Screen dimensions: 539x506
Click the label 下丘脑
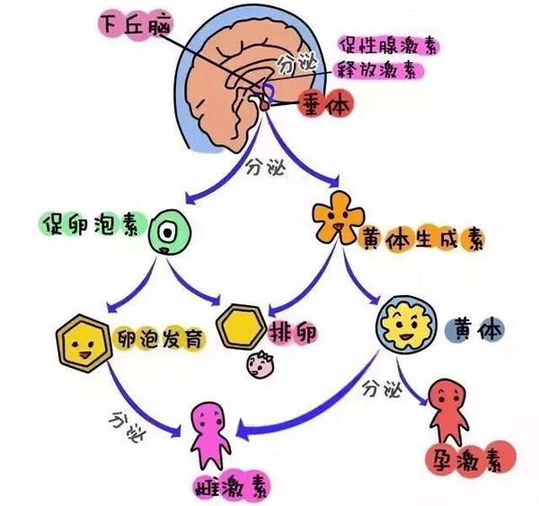point(136,26)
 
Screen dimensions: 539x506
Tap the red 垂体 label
point(326,103)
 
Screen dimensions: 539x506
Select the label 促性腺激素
point(387,46)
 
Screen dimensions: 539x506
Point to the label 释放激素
point(377,70)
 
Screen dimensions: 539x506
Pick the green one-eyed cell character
point(169,232)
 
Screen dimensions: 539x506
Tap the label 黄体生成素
point(422,239)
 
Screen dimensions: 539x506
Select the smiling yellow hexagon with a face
point(84,343)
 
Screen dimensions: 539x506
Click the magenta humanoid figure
point(210,436)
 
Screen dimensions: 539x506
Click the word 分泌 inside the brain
point(296,64)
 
